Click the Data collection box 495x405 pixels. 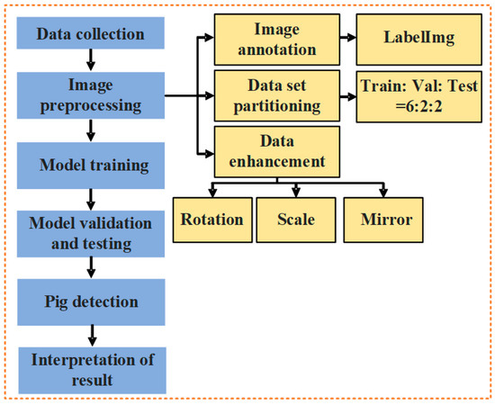(x=90, y=34)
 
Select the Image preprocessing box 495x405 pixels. (x=90, y=95)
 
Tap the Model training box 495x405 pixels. (x=90, y=166)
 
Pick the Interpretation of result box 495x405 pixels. (x=90, y=370)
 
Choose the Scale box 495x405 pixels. (x=297, y=220)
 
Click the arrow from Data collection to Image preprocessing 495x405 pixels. (x=90, y=61)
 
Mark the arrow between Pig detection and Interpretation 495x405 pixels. (x=90, y=332)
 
